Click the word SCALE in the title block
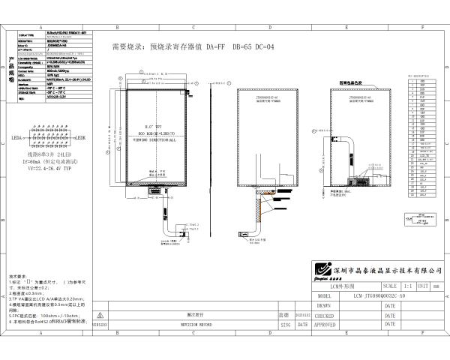(390, 286)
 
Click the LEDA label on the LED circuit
(17, 138)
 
